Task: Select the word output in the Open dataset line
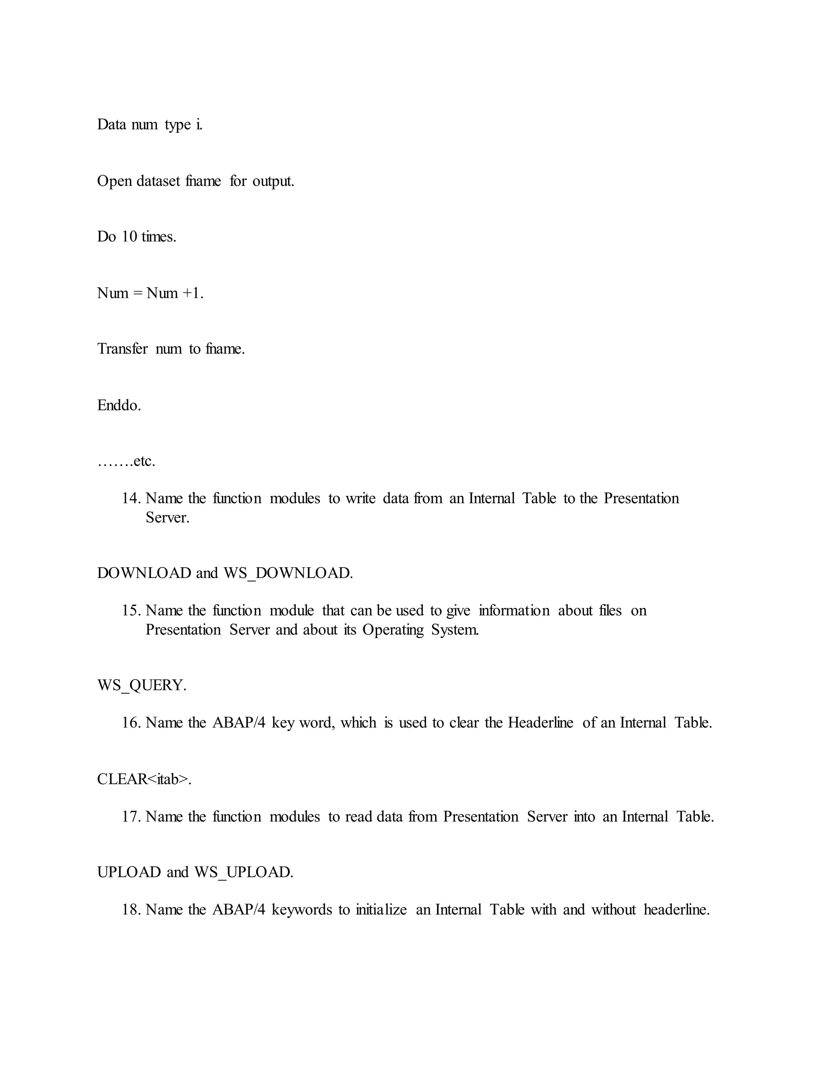coord(273,181)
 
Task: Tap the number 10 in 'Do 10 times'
coord(130,237)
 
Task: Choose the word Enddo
coord(119,405)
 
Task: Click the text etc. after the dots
coord(144,461)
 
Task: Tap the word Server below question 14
coord(167,518)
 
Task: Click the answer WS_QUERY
coord(142,685)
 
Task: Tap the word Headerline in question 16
coord(540,723)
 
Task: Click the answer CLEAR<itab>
coord(144,779)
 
